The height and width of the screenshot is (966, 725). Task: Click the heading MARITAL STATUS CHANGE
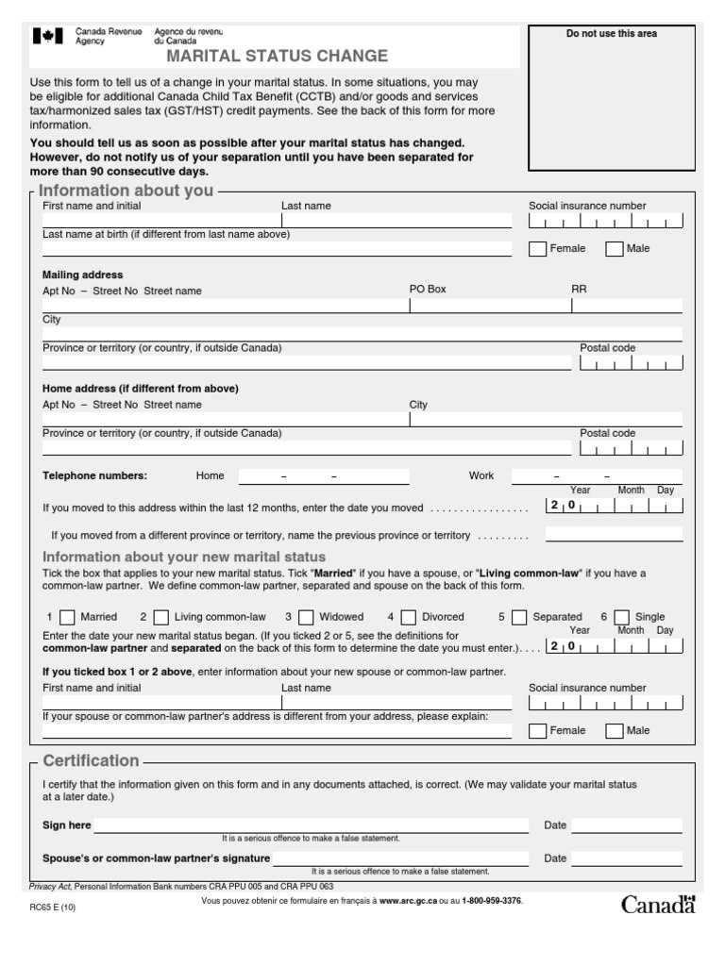click(x=277, y=56)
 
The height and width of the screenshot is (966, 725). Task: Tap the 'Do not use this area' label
click(x=611, y=34)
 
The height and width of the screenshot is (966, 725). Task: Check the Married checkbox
click(x=68, y=618)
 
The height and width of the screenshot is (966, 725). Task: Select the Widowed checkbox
click(x=307, y=618)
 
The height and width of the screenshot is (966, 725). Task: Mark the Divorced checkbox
click(x=408, y=618)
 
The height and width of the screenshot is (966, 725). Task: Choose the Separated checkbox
click(x=519, y=618)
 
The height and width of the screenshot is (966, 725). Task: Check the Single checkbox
click(x=622, y=618)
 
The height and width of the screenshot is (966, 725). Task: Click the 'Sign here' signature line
click(x=311, y=825)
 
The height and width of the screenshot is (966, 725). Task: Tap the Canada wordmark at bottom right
click(x=658, y=905)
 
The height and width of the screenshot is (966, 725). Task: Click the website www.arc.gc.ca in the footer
click(x=407, y=901)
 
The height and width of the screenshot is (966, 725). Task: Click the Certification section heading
click(x=91, y=760)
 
